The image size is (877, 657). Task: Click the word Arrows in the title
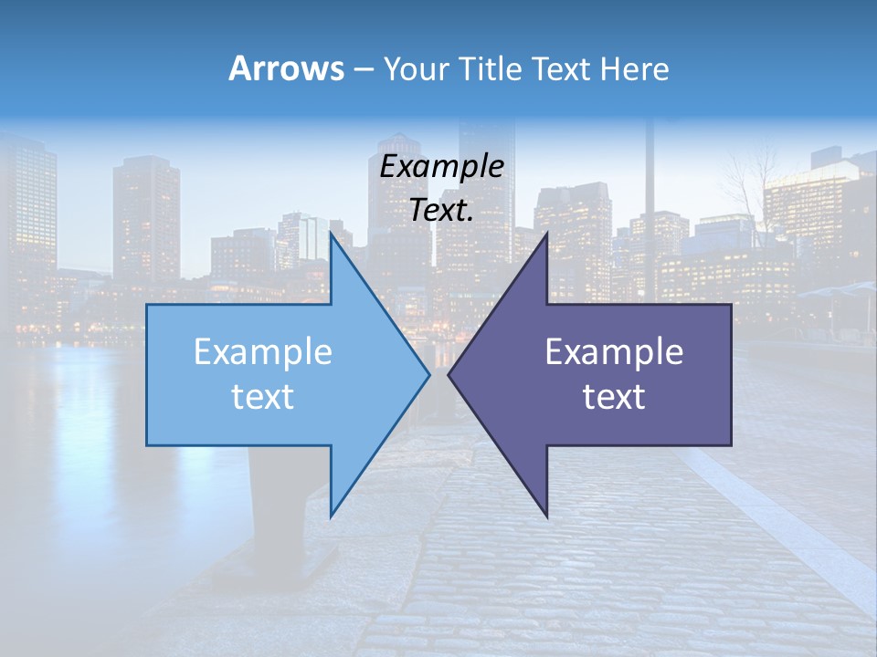point(286,68)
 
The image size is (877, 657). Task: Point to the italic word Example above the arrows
point(442,167)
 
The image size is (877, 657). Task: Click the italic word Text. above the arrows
point(442,211)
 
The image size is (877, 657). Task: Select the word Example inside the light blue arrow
point(263,352)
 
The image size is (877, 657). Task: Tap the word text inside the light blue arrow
point(263,397)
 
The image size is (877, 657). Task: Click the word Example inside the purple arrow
point(614,352)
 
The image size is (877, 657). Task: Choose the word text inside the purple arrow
point(614,397)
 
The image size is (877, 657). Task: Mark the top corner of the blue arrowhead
point(332,234)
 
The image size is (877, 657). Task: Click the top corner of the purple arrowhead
point(546,234)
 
